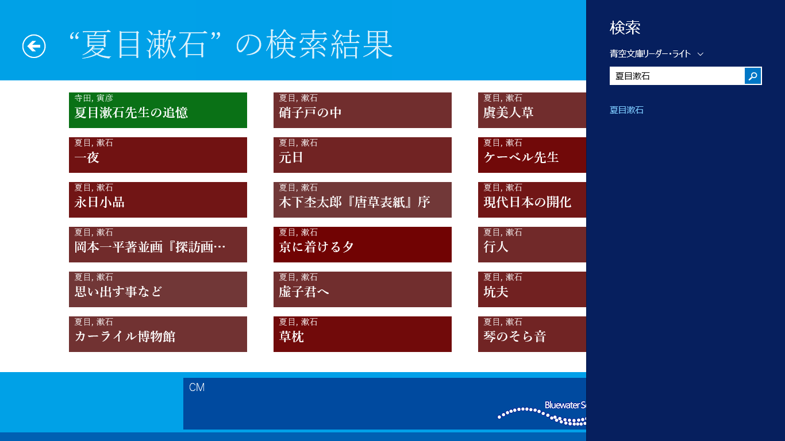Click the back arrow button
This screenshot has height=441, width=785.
tap(34, 47)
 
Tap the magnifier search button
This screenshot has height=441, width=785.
tap(753, 76)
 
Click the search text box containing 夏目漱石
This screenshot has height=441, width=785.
tap(677, 76)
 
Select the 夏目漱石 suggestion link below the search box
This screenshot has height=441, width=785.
tap(626, 110)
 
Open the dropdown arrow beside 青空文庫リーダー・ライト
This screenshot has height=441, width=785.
tap(700, 54)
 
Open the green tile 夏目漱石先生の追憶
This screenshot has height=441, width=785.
tap(157, 110)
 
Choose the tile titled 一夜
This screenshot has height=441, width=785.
tap(157, 155)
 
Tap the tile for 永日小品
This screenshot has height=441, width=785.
tap(157, 200)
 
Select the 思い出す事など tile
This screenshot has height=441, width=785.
tap(157, 289)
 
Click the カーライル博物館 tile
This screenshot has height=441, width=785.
tap(157, 334)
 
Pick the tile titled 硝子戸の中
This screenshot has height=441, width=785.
tap(363, 110)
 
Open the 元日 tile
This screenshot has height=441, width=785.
tap(363, 155)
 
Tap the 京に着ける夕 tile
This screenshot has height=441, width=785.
tap(363, 245)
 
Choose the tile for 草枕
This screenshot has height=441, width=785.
tap(363, 334)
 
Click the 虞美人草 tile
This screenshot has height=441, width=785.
tap(532, 110)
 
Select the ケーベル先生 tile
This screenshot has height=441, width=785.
tap(532, 155)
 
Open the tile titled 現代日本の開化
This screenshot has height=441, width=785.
tap(532, 200)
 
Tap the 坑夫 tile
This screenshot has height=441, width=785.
tap(532, 289)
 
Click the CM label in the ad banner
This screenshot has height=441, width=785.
tap(197, 388)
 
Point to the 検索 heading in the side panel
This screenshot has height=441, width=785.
tap(625, 28)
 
